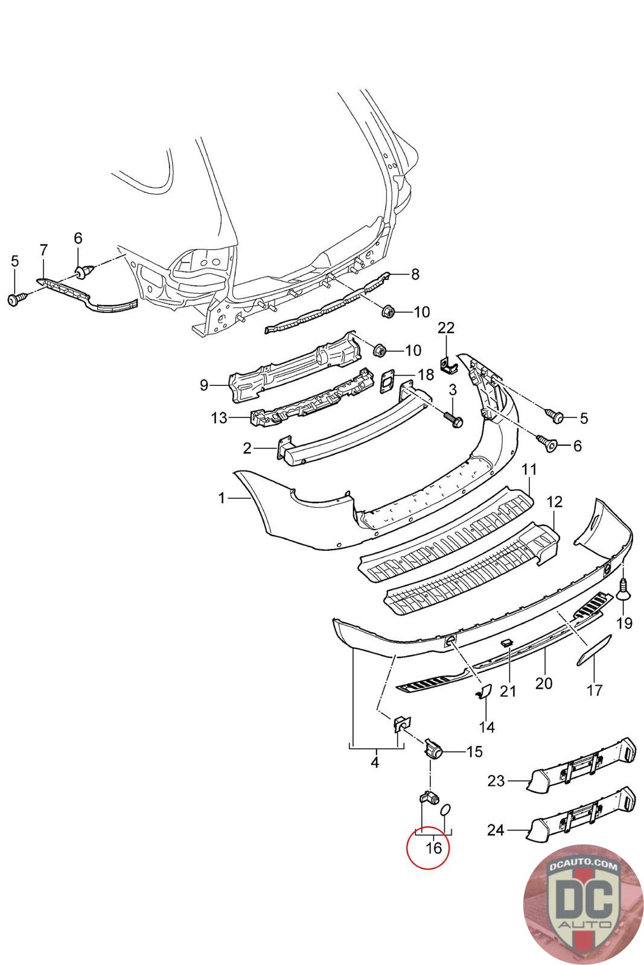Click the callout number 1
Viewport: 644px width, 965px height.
222,498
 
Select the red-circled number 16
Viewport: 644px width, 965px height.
433,847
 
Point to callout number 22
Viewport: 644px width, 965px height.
446,328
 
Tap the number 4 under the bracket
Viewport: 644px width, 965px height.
375,763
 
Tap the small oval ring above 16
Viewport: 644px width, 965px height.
445,809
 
